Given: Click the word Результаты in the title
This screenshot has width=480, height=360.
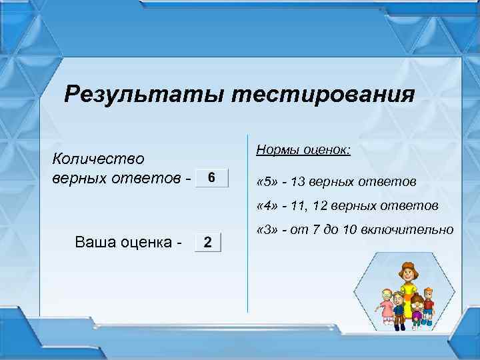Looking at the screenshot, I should point(143,94).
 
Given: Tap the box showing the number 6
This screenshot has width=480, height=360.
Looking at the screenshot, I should point(211,178).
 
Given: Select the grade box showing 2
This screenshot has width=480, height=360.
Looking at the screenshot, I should point(207,241).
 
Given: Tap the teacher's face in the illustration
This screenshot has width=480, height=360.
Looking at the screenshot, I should point(406,274).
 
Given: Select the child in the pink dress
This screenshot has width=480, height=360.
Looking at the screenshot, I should point(386,307).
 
